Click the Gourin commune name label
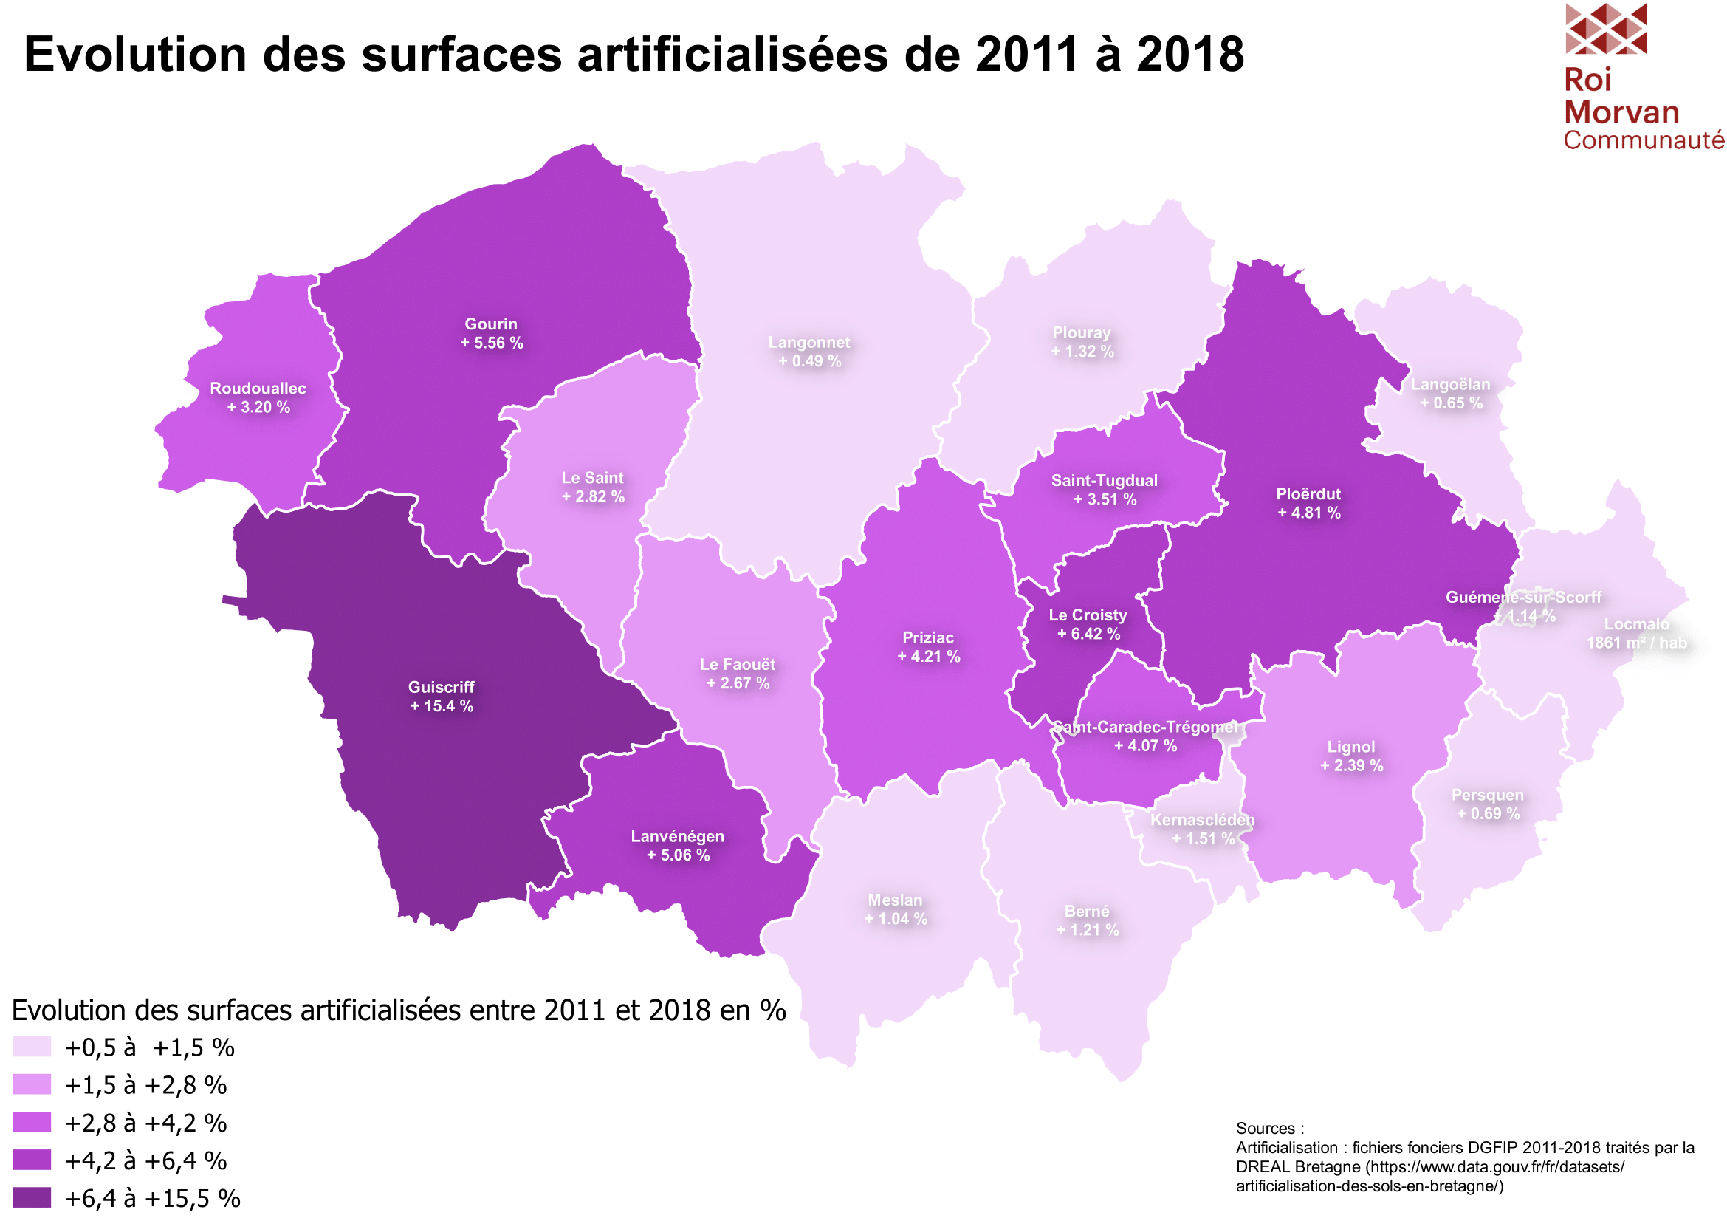point(490,324)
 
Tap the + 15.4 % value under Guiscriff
point(442,706)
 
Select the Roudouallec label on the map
point(258,389)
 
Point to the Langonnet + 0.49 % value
point(809,362)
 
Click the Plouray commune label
point(1082,333)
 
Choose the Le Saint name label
point(593,479)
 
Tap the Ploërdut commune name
point(1308,494)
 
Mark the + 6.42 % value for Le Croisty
point(1088,635)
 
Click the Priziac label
point(928,638)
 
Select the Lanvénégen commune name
point(678,837)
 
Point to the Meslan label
point(895,900)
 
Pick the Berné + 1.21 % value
point(1088,931)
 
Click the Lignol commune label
point(1351,747)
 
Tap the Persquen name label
point(1487,796)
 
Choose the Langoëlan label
point(1450,385)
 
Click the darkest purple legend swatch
point(32,1197)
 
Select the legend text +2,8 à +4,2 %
point(145,1123)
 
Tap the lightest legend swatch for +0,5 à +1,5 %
point(32,1047)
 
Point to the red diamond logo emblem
point(1605,29)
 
